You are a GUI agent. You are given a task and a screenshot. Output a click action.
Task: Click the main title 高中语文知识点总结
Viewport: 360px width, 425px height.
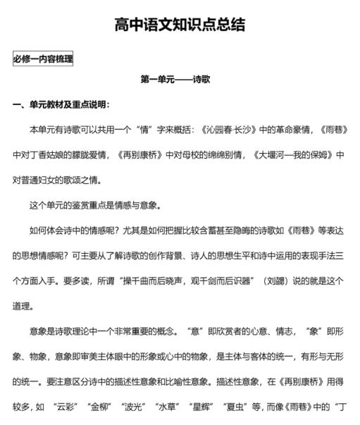coord(180,25)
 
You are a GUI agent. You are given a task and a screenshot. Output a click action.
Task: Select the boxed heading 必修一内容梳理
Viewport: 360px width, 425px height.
coord(43,59)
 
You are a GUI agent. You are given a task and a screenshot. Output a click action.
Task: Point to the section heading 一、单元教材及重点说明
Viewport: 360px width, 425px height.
coord(61,105)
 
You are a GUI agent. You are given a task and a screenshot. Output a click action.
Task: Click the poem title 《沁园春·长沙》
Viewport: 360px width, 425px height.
coord(235,130)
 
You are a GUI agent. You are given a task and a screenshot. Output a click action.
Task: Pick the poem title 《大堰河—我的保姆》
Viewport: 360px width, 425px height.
coord(292,155)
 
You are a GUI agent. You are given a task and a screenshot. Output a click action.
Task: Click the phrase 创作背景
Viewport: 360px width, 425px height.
coord(159,255)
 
